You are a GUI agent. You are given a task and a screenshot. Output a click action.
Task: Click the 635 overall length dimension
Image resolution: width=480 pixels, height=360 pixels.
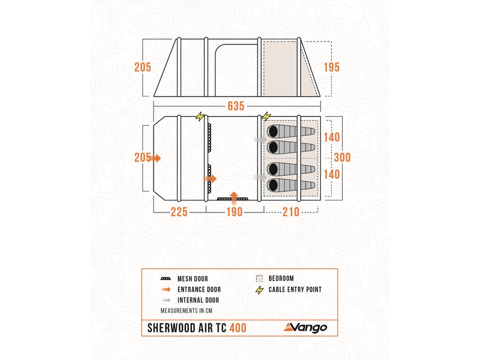[236, 106]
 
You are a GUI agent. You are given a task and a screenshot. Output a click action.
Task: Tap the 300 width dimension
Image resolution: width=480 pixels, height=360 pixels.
[343, 157]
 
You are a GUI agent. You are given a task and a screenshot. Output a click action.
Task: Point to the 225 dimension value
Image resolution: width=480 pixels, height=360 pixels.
[179, 212]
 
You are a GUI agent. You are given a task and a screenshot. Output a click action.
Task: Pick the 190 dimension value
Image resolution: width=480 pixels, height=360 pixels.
[234, 212]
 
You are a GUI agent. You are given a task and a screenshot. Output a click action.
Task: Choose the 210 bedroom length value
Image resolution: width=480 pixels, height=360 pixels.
[292, 212]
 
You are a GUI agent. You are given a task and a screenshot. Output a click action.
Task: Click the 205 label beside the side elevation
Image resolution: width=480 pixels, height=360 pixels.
[143, 67]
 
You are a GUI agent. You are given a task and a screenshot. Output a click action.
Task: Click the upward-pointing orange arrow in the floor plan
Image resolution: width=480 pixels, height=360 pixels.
[234, 194]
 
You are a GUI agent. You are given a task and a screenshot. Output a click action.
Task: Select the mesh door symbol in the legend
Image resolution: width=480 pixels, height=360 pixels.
[167, 279]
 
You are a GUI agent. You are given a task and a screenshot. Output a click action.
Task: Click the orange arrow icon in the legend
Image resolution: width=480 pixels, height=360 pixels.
[167, 289]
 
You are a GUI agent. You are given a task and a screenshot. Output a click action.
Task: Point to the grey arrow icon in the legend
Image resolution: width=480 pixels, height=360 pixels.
[167, 299]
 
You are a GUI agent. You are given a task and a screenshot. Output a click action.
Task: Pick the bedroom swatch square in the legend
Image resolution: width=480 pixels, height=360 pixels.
[259, 279]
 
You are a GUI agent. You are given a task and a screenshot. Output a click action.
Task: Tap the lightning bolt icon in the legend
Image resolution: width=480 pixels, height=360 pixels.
[259, 289]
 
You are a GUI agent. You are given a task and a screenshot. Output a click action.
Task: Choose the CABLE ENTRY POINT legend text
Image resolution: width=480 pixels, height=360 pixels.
[296, 289]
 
